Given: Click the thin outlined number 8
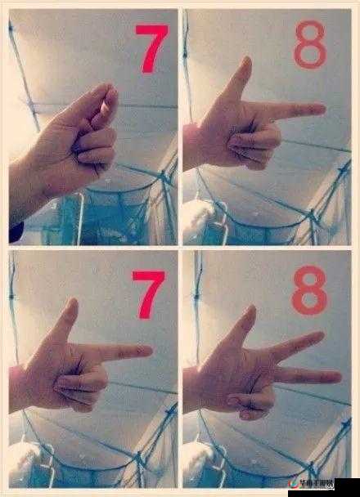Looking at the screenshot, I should pos(309,47).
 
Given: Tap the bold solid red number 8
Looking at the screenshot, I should pos(309,288).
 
